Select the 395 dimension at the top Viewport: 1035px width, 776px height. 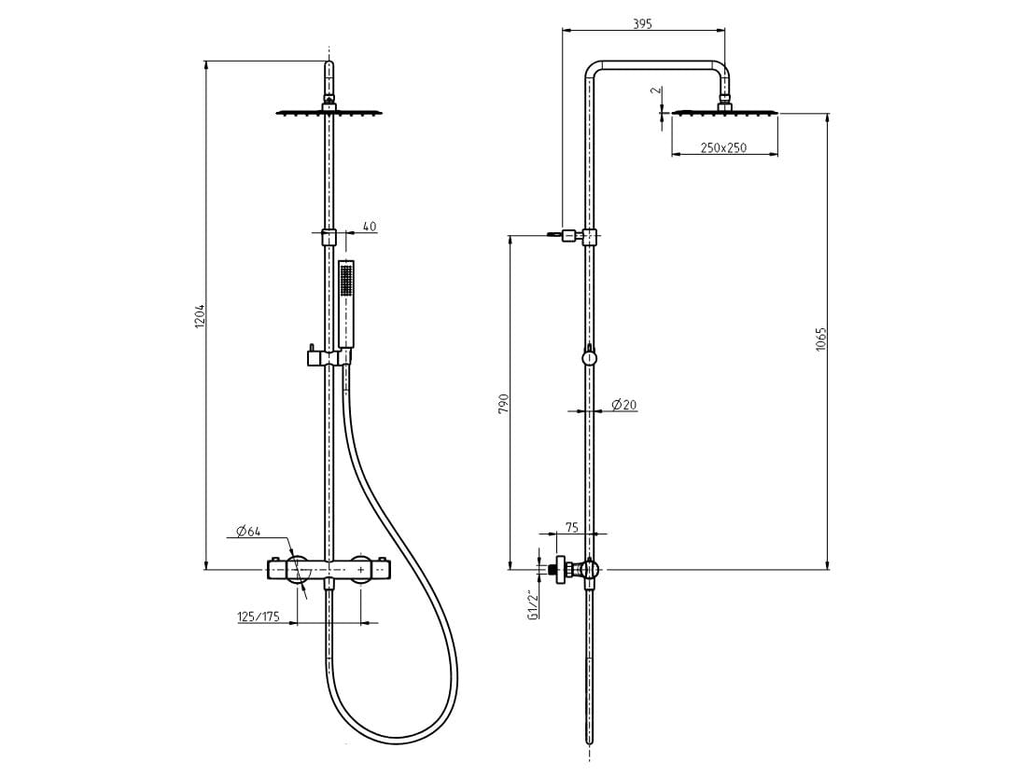click(642, 23)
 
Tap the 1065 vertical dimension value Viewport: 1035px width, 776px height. click(820, 339)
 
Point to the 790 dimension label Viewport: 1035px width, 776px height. click(504, 403)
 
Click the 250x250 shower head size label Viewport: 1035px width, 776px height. click(723, 147)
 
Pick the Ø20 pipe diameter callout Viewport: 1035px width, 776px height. click(623, 405)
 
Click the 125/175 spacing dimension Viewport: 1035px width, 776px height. click(259, 617)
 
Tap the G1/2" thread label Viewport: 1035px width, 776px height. click(533, 604)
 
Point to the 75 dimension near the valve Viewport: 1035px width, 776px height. click(571, 527)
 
